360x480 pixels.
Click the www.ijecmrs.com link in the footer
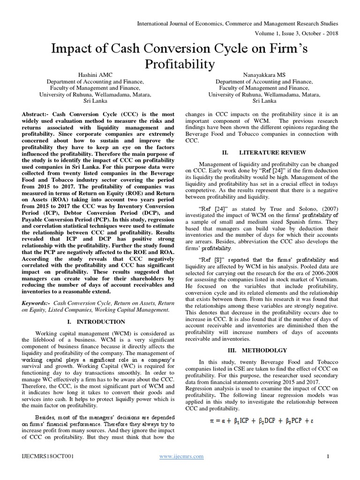pyautogui.click(x=181, y=456)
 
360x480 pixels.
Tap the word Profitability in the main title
pyautogui.click(x=180, y=63)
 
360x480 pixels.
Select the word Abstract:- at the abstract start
pyautogui.click(x=36, y=114)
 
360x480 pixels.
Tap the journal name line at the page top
pyautogui.click(x=237, y=23)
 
